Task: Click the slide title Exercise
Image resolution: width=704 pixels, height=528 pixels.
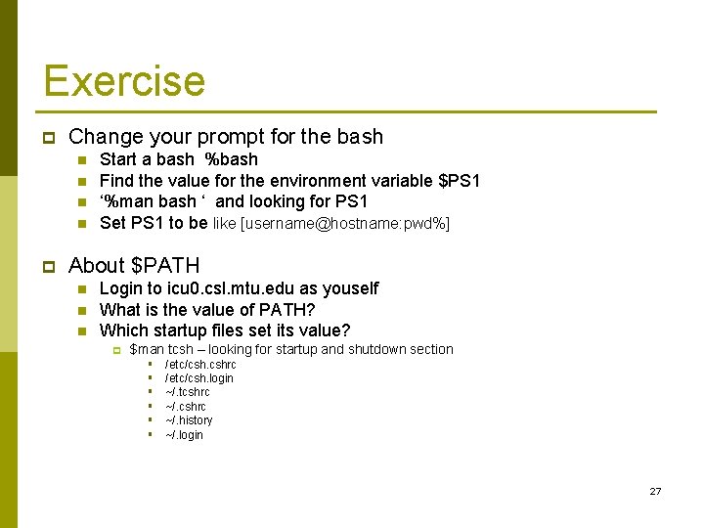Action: point(124,80)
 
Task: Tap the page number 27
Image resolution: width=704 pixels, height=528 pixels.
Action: point(655,491)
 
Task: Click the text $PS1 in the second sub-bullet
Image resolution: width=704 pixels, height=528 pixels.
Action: point(459,181)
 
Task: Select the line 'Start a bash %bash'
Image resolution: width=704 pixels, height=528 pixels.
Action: point(179,159)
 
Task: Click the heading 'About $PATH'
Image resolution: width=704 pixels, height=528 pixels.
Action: point(134,265)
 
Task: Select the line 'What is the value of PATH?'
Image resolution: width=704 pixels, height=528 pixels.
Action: point(207,310)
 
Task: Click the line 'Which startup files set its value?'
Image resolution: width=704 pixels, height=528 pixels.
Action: point(225,330)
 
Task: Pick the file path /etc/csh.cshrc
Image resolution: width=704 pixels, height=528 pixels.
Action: point(200,365)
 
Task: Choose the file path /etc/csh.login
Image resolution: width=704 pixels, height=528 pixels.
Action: point(199,378)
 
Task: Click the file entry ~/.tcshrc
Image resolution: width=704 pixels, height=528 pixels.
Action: point(188,392)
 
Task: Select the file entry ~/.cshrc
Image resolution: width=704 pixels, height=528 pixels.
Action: point(186,407)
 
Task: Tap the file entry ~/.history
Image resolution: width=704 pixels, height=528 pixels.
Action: point(189,420)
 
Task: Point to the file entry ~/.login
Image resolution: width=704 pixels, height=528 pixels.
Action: point(185,435)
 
